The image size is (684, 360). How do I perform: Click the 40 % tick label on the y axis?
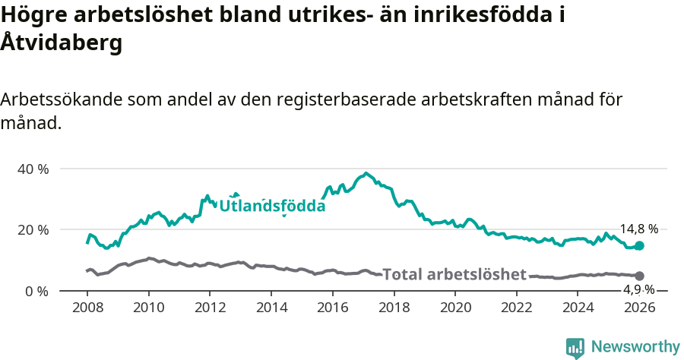click(33, 169)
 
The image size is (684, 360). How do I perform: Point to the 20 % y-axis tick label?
click(33, 229)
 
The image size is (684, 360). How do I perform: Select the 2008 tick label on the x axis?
click(87, 308)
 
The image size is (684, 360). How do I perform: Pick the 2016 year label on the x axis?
click(332, 308)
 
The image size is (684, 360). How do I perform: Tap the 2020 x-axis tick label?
click(455, 308)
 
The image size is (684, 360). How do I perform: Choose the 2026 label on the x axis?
click(639, 308)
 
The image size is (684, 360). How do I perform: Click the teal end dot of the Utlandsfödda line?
click(639, 245)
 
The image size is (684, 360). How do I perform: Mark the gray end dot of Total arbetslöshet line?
click(639, 276)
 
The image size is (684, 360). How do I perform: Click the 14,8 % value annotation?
click(638, 229)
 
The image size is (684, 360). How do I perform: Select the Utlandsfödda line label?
click(272, 206)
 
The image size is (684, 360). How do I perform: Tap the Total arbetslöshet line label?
click(454, 274)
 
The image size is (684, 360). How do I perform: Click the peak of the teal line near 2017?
click(366, 173)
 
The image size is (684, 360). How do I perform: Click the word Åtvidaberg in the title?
click(61, 43)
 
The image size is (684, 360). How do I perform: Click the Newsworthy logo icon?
click(575, 348)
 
